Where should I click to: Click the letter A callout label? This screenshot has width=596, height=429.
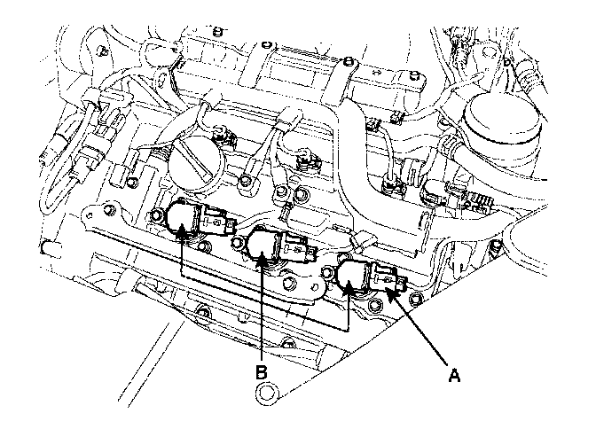[x=454, y=375]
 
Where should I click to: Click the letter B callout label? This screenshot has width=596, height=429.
[x=262, y=372]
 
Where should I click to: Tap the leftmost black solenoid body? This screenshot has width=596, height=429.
[x=179, y=218]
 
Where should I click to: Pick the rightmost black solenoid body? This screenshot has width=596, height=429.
[x=355, y=277]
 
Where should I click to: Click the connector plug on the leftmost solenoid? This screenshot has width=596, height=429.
[x=214, y=218]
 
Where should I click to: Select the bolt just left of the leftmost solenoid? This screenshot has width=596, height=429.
[x=109, y=211]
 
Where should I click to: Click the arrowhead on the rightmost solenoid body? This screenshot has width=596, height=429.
[x=349, y=287]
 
